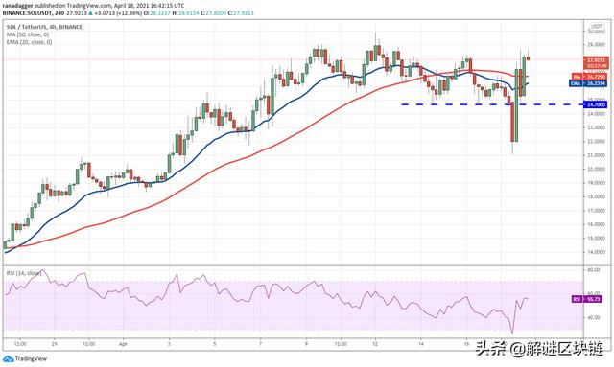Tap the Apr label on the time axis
tap(123, 340)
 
